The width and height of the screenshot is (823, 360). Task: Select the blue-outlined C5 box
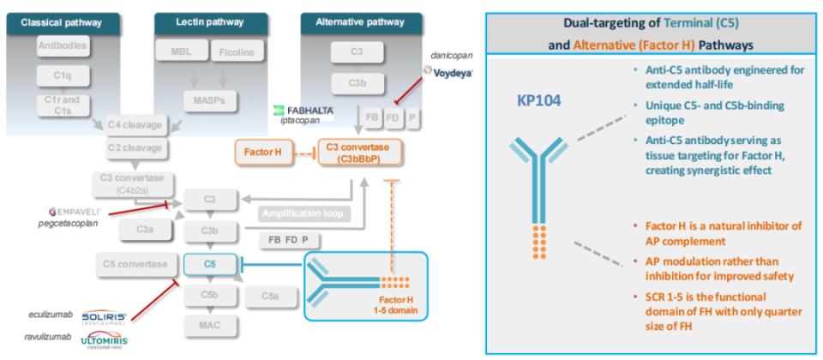[210, 263]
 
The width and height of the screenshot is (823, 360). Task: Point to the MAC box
[210, 326]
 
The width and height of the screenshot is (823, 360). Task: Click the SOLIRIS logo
[105, 316]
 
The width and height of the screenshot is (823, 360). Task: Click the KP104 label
[538, 100]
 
